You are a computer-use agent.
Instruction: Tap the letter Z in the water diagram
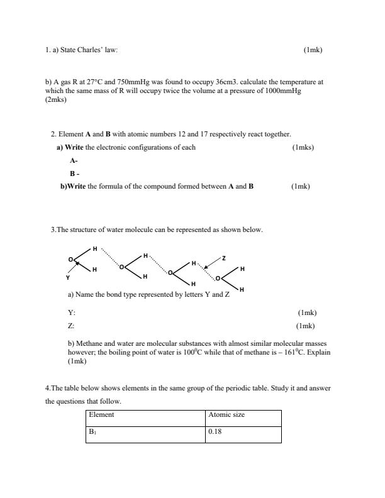point(223,258)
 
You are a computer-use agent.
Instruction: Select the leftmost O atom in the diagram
point(71,259)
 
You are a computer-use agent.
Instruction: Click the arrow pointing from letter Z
point(212,263)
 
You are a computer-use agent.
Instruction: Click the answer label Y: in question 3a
point(71,313)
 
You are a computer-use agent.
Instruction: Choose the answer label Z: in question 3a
point(71,326)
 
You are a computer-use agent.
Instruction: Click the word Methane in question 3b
point(89,344)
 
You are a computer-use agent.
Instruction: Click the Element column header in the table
point(101,415)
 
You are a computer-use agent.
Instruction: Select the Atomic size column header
point(226,415)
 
